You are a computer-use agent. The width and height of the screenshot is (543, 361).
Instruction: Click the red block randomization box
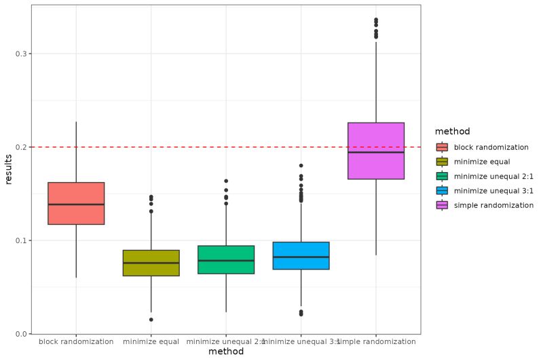tap(76, 203)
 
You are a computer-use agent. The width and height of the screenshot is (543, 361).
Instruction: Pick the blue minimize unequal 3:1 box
tap(301, 255)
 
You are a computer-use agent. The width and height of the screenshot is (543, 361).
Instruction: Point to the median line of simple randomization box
tap(376, 152)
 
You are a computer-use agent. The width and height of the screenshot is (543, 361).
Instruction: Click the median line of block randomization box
tap(76, 204)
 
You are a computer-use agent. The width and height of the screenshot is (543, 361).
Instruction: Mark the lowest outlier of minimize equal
tap(151, 320)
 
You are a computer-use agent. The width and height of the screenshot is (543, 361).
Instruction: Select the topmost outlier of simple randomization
tap(376, 20)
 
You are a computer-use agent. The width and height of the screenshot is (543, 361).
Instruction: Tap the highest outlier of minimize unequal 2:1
tap(226, 181)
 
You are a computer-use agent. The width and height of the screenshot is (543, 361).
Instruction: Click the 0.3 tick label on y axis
tap(20, 54)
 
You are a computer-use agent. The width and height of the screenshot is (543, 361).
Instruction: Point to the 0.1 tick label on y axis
tap(20, 240)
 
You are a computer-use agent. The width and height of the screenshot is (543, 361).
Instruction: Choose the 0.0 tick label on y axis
tap(20, 334)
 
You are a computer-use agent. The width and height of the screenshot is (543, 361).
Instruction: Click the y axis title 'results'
tap(9, 169)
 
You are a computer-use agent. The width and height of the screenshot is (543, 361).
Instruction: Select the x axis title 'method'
tap(226, 352)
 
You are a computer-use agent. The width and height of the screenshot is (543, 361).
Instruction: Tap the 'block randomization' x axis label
tap(76, 342)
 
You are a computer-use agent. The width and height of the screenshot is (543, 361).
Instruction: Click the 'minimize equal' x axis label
tap(151, 342)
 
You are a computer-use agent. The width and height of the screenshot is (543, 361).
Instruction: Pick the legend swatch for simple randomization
tap(442, 205)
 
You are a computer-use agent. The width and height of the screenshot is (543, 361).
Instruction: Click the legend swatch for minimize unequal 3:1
tap(442, 190)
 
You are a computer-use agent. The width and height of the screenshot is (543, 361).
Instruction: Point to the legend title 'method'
tap(453, 131)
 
